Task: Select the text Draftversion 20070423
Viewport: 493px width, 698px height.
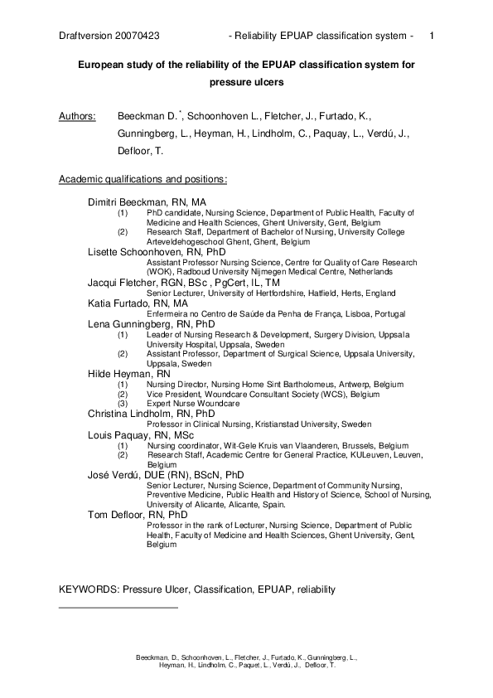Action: [109, 36]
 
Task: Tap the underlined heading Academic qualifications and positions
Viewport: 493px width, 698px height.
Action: [143, 178]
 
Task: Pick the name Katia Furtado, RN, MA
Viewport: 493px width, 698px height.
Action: [138, 304]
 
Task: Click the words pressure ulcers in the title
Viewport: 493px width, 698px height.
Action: [246, 83]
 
